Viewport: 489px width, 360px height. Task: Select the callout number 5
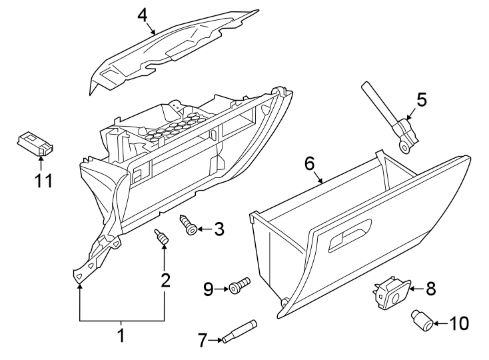point(421,99)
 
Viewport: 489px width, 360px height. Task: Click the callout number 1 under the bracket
point(121,335)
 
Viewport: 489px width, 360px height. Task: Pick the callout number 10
point(459,324)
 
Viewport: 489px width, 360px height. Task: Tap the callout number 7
point(203,341)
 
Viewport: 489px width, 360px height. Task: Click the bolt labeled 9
point(239,287)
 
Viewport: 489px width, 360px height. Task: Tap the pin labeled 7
point(239,331)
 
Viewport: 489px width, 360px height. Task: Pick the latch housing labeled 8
point(391,293)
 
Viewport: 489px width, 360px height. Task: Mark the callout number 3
point(218,229)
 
